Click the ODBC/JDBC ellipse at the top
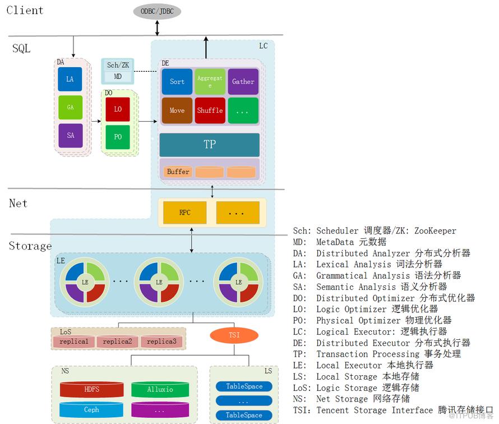pyautogui.click(x=157, y=12)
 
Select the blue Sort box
pyautogui.click(x=177, y=82)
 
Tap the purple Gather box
pyautogui.click(x=243, y=82)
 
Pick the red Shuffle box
pyautogui.click(x=210, y=110)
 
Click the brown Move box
pyautogui.click(x=177, y=110)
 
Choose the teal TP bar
pyautogui.click(x=210, y=145)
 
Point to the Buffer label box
pyautogui.click(x=178, y=172)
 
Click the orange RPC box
pyautogui.click(x=185, y=213)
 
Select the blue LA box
pyautogui.click(x=70, y=80)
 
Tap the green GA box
pyautogui.click(x=70, y=107)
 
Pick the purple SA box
pyautogui.click(x=70, y=136)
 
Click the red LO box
pyautogui.click(x=118, y=109)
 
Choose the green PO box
pyautogui.click(x=118, y=137)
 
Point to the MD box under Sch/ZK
pyautogui.click(x=118, y=76)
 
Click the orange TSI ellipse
pyautogui.click(x=234, y=335)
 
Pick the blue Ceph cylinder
pyautogui.click(x=91, y=410)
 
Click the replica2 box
pyautogui.click(x=118, y=342)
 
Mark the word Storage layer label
pyautogui.click(x=30, y=246)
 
